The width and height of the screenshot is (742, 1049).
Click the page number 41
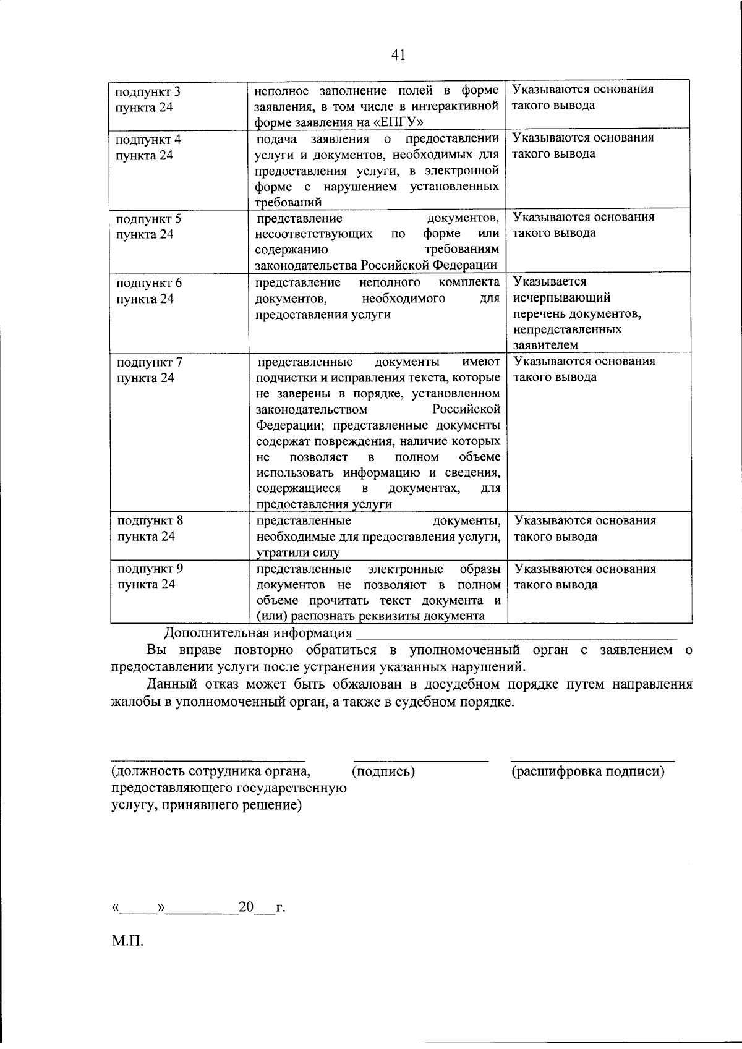click(x=398, y=56)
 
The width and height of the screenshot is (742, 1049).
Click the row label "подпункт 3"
click(x=148, y=92)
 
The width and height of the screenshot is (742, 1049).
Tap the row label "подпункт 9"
click(x=150, y=569)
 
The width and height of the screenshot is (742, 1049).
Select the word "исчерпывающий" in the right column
click(x=561, y=298)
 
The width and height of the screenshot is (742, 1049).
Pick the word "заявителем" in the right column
click(x=545, y=345)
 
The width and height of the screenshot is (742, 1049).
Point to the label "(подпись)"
click(x=383, y=771)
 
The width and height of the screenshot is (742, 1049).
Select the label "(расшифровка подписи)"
click(x=588, y=771)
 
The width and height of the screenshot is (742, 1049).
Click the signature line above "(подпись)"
click(x=420, y=760)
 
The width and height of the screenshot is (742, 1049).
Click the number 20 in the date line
click(x=246, y=907)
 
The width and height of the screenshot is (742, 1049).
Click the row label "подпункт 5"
click(x=148, y=219)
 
